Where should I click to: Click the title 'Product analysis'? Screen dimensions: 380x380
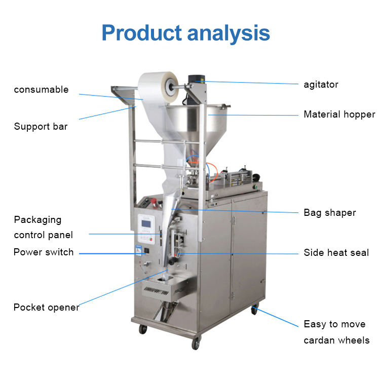click(185, 32)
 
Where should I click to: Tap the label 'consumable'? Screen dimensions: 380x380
click(41, 90)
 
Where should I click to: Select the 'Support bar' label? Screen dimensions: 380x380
click(41, 126)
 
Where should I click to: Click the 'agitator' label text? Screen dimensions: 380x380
click(321, 84)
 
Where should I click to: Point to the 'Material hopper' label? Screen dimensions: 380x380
click(339, 115)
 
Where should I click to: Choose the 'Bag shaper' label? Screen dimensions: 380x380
click(330, 213)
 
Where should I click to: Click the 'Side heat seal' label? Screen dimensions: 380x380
click(336, 252)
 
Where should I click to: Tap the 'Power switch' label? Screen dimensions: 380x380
click(44, 252)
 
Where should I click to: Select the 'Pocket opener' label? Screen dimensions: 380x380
click(46, 307)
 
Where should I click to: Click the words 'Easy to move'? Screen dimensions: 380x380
click(334, 324)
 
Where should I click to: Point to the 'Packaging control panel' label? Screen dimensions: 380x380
click(44, 227)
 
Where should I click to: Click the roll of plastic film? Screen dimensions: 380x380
click(158, 87)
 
